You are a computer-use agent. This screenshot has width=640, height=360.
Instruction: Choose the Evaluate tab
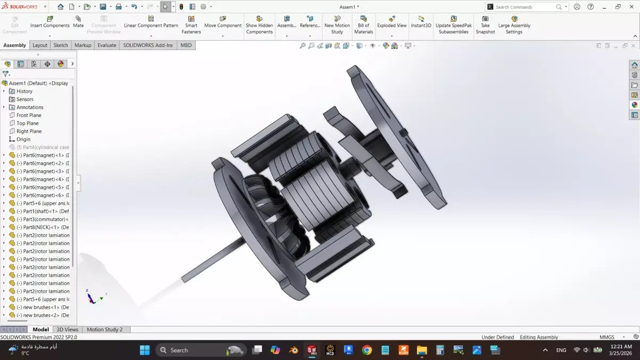tap(107, 45)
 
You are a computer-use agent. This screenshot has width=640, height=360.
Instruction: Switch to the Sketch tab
tap(61, 45)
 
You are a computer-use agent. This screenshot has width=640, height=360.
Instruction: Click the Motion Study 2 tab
tap(105, 330)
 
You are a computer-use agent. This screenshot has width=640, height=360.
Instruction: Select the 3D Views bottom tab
tap(67, 330)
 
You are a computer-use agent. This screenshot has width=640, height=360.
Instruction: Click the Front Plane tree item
tap(29, 115)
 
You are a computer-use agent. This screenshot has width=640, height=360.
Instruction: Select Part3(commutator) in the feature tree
tap(45, 219)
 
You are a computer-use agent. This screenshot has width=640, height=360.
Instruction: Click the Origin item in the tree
tap(23, 139)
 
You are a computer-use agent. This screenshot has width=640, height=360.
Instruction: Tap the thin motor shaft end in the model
tap(186, 278)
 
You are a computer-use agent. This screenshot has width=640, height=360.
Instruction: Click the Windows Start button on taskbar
tap(145, 350)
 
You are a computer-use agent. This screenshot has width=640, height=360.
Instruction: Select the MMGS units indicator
tap(607, 337)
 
